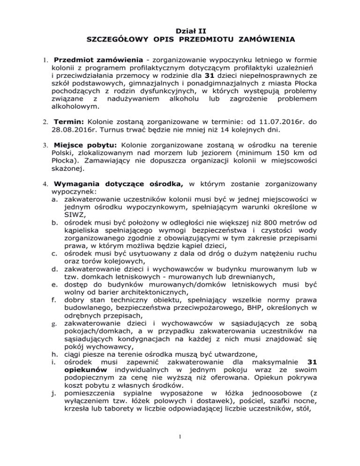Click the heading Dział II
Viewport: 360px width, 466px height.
coord(180,31)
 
